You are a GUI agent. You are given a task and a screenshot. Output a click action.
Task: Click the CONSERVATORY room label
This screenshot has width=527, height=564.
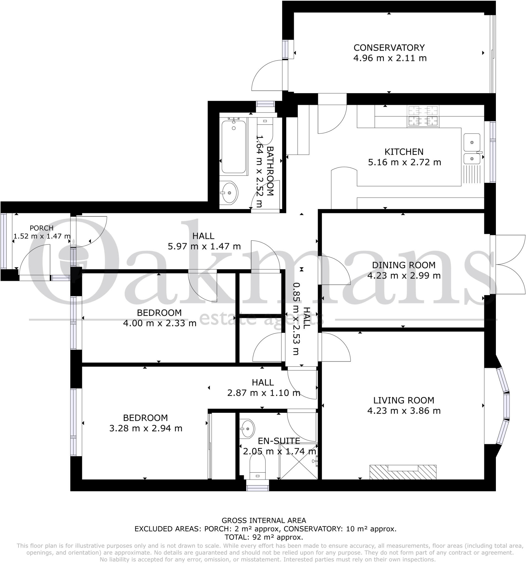(x=389, y=47)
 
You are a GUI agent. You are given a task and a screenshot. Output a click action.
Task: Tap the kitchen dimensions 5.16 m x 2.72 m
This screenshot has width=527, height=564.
(x=404, y=162)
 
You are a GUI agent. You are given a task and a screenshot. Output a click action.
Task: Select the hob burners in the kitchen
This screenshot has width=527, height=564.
(x=423, y=116)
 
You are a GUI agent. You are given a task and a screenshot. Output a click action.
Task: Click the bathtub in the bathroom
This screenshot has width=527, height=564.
(x=233, y=147)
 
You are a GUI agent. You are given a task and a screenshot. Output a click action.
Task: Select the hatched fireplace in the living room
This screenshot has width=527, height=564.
(x=403, y=472)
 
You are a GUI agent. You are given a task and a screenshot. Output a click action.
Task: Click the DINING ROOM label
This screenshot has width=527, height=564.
(x=403, y=265)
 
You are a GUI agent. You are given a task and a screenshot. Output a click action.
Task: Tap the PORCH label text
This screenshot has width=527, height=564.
(x=41, y=228)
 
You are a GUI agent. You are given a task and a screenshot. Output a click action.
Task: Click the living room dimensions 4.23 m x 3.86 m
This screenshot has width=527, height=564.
(x=404, y=411)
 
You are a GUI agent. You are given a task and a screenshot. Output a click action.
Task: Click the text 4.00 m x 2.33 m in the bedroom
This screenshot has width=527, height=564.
(x=159, y=323)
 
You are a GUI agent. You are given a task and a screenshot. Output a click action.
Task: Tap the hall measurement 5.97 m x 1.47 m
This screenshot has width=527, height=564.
(x=204, y=246)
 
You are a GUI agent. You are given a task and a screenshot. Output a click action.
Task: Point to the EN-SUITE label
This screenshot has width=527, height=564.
(x=279, y=441)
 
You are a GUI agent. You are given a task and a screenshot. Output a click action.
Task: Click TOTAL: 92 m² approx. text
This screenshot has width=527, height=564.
(x=263, y=537)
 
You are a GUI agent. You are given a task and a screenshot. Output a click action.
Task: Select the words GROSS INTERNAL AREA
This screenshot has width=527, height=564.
(x=263, y=520)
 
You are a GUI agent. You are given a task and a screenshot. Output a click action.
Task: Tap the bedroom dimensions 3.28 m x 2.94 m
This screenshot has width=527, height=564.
(x=145, y=428)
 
